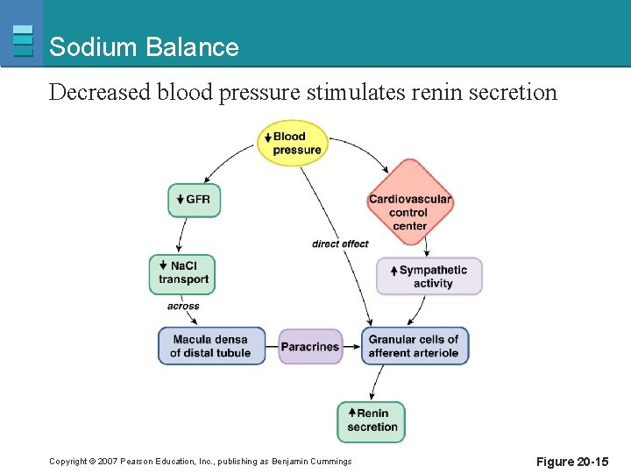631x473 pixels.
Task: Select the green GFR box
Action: (194, 200)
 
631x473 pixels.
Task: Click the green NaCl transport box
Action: (181, 273)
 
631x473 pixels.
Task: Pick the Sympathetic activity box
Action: (429, 276)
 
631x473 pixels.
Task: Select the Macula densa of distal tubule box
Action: (211, 346)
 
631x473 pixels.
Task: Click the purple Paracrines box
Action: (309, 346)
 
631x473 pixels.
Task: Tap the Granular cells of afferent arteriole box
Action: (415, 346)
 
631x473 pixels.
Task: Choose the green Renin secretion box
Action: (372, 420)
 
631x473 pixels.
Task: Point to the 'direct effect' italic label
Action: (340, 244)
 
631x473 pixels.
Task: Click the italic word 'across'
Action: (183, 307)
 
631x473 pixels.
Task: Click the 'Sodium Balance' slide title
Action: (144, 47)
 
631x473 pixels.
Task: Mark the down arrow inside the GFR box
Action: (180, 200)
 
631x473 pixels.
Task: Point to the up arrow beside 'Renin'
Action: (351, 413)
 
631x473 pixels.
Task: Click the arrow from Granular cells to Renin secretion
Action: (377, 383)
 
